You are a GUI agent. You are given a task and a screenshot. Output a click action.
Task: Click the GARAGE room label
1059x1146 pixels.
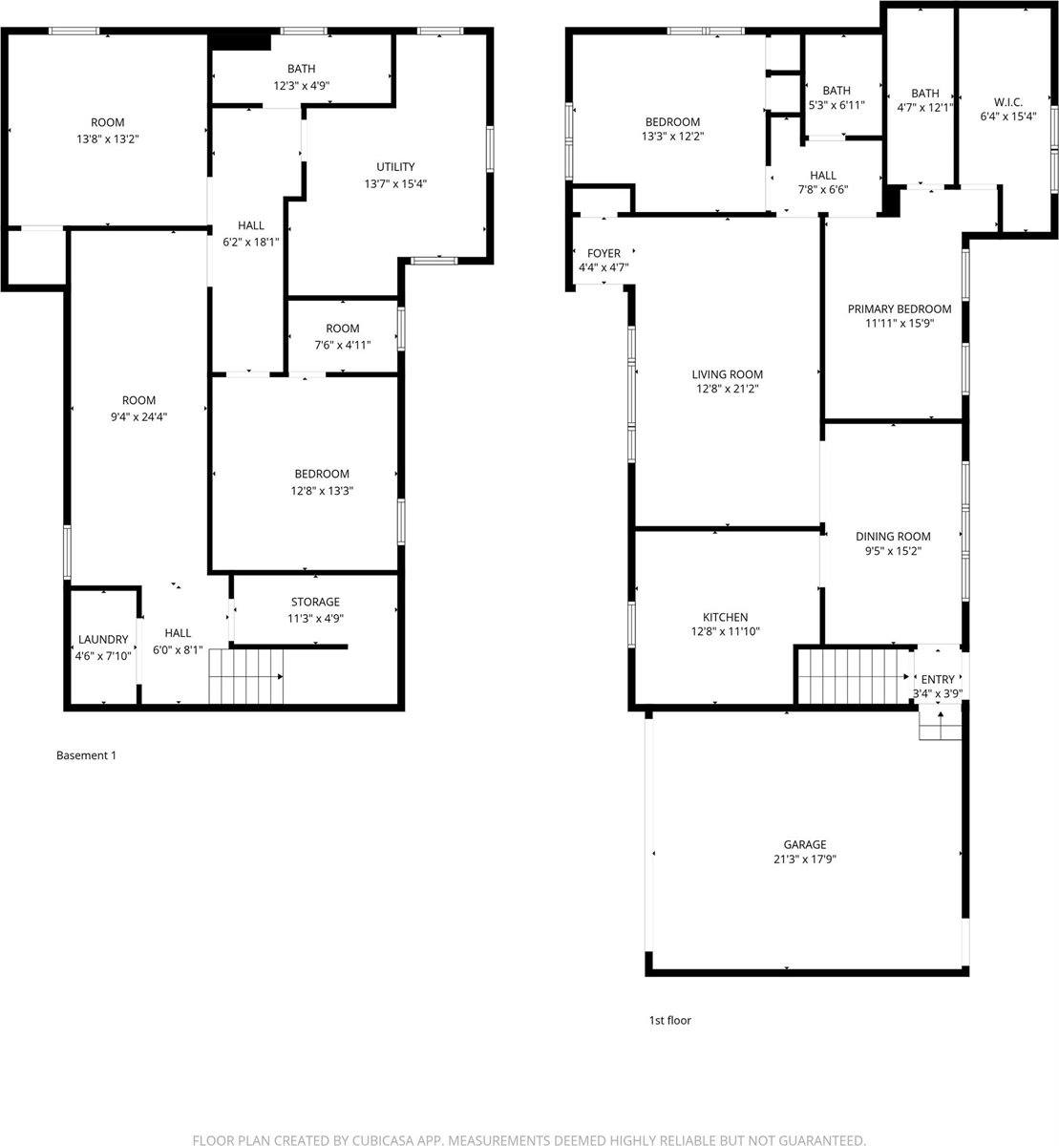tap(804, 844)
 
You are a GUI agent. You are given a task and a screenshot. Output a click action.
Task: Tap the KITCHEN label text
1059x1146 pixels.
tap(725, 617)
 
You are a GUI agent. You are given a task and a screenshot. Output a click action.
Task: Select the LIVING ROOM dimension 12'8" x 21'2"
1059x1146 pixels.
tap(727, 389)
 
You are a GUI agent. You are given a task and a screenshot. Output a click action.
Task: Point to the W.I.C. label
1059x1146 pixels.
tap(1007, 101)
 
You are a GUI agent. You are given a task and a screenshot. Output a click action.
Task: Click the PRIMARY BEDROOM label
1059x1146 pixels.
tap(899, 308)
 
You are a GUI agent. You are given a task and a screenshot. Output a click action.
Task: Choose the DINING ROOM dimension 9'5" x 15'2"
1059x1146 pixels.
tap(892, 551)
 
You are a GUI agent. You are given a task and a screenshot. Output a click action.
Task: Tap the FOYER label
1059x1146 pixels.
tap(604, 253)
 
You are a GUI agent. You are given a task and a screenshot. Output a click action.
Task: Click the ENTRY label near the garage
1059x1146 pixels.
tap(937, 679)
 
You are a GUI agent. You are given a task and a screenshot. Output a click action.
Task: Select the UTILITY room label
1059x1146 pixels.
tap(394, 167)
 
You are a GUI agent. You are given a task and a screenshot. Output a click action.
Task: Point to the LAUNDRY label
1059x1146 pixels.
tap(102, 639)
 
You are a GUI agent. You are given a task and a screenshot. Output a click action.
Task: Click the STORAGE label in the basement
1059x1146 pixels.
tap(315, 602)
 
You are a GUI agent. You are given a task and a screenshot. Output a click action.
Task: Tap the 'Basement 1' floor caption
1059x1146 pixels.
tap(86, 755)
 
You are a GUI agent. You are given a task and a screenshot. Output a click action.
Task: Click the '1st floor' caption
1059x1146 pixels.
tap(669, 1020)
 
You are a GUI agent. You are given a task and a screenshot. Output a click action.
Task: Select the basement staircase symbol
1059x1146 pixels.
tap(246, 675)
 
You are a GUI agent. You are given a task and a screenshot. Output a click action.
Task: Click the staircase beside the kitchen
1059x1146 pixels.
tap(852, 675)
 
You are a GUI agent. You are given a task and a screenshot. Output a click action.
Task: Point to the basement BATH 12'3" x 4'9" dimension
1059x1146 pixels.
tap(301, 85)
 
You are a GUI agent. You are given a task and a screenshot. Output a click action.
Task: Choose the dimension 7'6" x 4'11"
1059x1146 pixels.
tap(342, 345)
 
